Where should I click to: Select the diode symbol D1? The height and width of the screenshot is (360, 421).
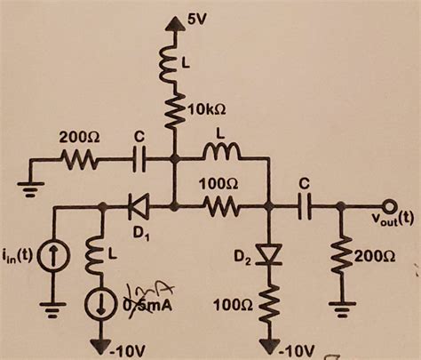pos(139,207)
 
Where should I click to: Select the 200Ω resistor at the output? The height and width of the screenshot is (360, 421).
pos(342,258)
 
